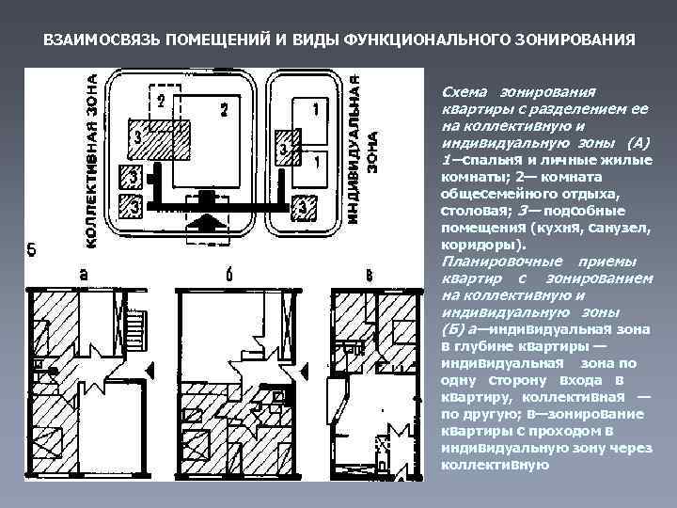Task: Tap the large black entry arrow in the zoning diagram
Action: click(x=206, y=227)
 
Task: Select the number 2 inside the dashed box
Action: click(x=162, y=100)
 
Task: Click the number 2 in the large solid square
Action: click(x=224, y=109)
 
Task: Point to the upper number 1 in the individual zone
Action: click(x=315, y=110)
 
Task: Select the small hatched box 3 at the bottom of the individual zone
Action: click(x=303, y=207)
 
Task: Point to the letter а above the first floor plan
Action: click(x=85, y=275)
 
